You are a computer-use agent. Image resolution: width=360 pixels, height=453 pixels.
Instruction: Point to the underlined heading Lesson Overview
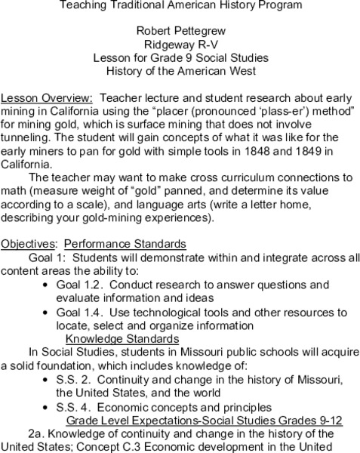coord(48,98)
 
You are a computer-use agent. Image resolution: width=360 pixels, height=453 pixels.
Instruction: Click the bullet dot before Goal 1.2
coord(47,285)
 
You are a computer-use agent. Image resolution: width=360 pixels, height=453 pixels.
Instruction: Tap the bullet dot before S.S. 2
coord(47,378)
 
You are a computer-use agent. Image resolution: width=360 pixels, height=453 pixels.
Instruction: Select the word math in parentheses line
coord(16,191)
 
